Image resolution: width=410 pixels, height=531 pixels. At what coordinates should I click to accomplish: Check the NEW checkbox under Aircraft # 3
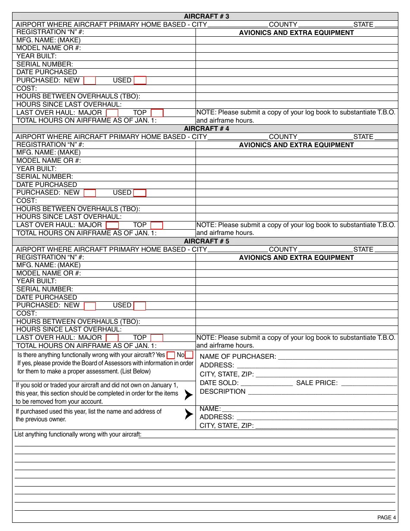click(90, 80)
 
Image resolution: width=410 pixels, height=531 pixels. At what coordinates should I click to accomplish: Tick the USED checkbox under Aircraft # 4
click(140, 193)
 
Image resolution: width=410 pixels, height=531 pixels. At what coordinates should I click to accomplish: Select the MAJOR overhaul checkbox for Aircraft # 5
click(112, 338)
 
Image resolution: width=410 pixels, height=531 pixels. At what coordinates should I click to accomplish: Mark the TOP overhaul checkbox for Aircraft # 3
click(157, 113)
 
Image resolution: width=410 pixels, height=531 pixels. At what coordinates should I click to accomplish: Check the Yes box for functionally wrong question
click(171, 355)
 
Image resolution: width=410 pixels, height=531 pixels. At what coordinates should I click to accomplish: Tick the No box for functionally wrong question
click(189, 355)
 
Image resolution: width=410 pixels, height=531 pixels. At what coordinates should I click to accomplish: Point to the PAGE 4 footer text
click(386, 518)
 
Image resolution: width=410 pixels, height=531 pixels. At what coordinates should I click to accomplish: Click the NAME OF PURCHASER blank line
click(337, 357)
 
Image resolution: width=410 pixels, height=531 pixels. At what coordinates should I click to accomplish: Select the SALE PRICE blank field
click(369, 383)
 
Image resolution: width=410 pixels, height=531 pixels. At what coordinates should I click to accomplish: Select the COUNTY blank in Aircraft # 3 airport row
click(325, 25)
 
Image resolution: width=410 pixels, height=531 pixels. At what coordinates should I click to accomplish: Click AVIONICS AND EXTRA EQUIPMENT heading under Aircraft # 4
click(296, 145)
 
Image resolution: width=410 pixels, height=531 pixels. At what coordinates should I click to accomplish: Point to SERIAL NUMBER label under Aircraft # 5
click(44, 289)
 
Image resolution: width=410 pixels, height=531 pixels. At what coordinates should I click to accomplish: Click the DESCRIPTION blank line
click(322, 392)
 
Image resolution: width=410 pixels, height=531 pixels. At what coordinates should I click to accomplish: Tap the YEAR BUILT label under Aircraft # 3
click(36, 56)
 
